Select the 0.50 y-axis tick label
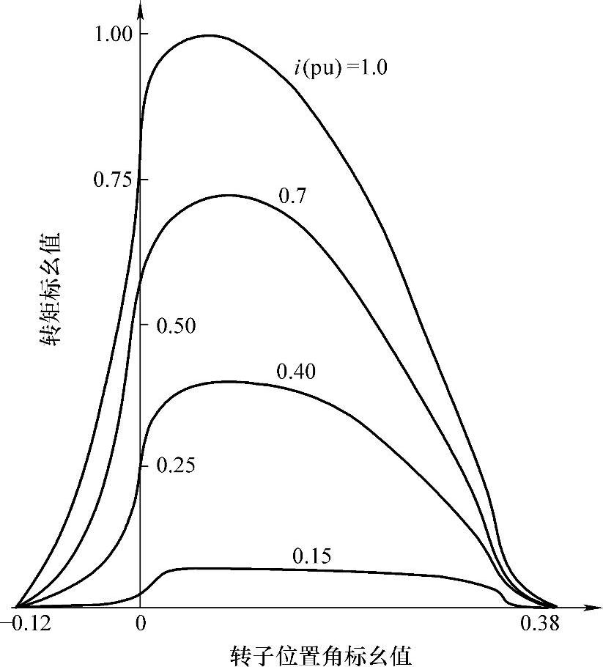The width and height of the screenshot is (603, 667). (176, 326)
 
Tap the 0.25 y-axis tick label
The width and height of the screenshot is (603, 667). (176, 466)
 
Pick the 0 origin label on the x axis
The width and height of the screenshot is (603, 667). (140, 624)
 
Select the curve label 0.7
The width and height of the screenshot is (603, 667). (292, 196)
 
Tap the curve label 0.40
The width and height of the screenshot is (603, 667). (296, 372)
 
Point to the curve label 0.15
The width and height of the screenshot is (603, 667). (311, 556)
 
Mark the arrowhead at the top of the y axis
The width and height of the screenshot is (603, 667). (140, 9)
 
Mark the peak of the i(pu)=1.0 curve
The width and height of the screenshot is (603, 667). (210, 35)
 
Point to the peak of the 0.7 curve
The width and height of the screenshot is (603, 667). (229, 195)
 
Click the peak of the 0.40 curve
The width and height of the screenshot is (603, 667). (229, 381)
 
